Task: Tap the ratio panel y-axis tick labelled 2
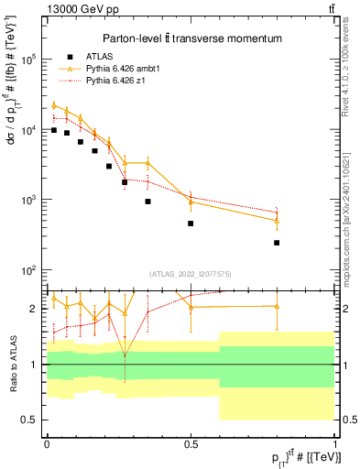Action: click(36, 310)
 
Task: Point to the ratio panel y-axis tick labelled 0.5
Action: click(31, 420)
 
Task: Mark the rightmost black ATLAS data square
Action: click(277, 243)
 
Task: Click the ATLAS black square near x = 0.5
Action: click(191, 224)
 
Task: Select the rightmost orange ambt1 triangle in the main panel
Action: click(277, 221)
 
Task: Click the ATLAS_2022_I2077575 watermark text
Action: click(191, 273)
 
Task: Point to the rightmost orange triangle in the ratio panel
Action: click(277, 306)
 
